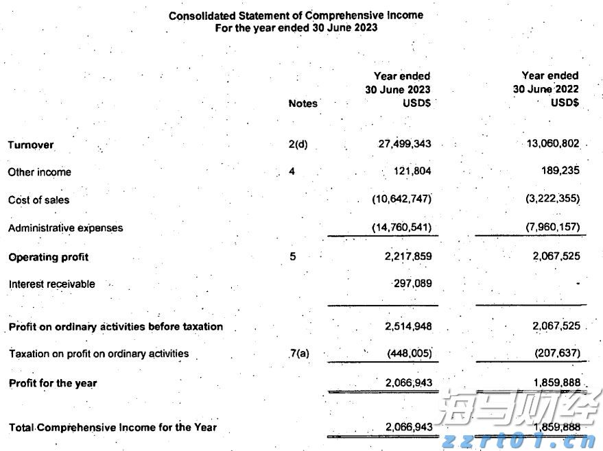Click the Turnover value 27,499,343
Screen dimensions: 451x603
(405, 145)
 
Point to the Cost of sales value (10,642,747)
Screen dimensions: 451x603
(402, 199)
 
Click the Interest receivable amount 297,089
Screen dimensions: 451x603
(413, 283)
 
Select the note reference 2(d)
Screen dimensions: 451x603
(298, 145)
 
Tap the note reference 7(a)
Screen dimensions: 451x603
(300, 354)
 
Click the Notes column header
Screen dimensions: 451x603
(303, 103)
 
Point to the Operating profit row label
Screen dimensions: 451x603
(49, 257)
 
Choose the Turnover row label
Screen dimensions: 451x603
(31, 145)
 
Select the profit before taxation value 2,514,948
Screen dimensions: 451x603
(409, 326)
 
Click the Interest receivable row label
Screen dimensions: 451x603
(52, 284)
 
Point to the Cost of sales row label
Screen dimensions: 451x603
(39, 200)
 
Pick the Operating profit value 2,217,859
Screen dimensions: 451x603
(409, 256)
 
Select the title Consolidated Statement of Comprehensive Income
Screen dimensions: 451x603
(296, 15)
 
